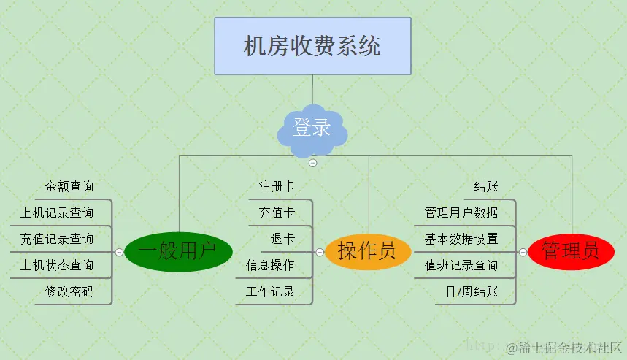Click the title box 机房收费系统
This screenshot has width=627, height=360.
coord(312,46)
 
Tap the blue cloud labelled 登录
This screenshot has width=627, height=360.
coord(312,129)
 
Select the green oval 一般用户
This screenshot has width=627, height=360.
coord(178,252)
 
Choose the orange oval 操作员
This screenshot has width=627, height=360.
coord(367,252)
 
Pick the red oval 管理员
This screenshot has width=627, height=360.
coord(571,252)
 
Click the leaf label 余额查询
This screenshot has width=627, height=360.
coord(69,187)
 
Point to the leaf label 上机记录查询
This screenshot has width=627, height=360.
coord(58,213)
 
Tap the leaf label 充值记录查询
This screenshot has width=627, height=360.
coord(58,239)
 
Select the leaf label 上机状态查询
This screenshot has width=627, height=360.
coord(58,265)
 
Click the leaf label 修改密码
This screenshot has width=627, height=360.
coord(69,291)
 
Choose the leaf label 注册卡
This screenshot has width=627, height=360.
coord(277,187)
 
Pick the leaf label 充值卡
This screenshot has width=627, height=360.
coord(277,213)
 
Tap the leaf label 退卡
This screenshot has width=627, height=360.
coord(282,239)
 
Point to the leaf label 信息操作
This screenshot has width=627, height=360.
coord(271,265)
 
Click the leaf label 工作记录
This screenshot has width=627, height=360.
coord(271,291)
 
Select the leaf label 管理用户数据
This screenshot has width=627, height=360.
coord(461,213)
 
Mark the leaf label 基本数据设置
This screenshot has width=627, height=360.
coord(461,239)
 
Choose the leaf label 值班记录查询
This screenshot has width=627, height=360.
coord(461,265)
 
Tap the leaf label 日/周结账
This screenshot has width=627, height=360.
coord(472,291)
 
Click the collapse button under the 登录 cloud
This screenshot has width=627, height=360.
coord(312,163)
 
